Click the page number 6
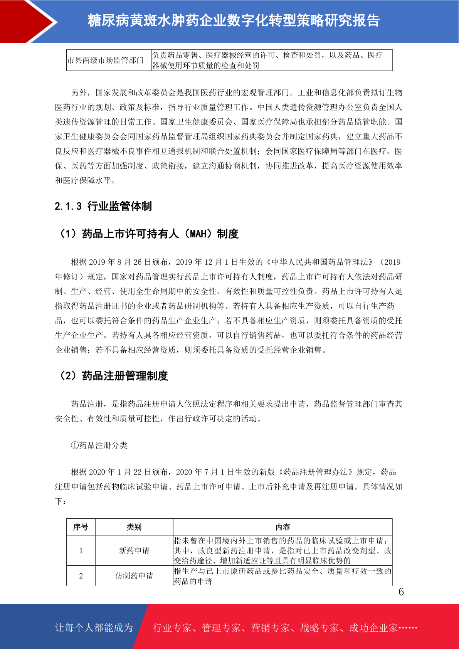pos(401,592)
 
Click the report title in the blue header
pos(234,20)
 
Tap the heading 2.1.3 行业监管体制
pos(103,206)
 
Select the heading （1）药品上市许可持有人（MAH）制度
pos(148,234)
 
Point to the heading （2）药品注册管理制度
pos(112,375)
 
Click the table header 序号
pos(81,527)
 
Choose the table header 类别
pos(134,527)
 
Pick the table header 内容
pos(282,527)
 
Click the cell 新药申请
pos(134,550)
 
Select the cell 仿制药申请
pos(134,576)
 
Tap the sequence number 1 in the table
pos(81,550)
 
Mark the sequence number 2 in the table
pos(81,576)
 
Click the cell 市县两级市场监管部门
pos(105,60)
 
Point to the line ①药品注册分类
pos(99,445)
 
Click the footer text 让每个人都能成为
pos(94,627)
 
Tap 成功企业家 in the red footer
pos(373,628)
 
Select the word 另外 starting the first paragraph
pos(79,92)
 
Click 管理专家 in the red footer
pos(221,628)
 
